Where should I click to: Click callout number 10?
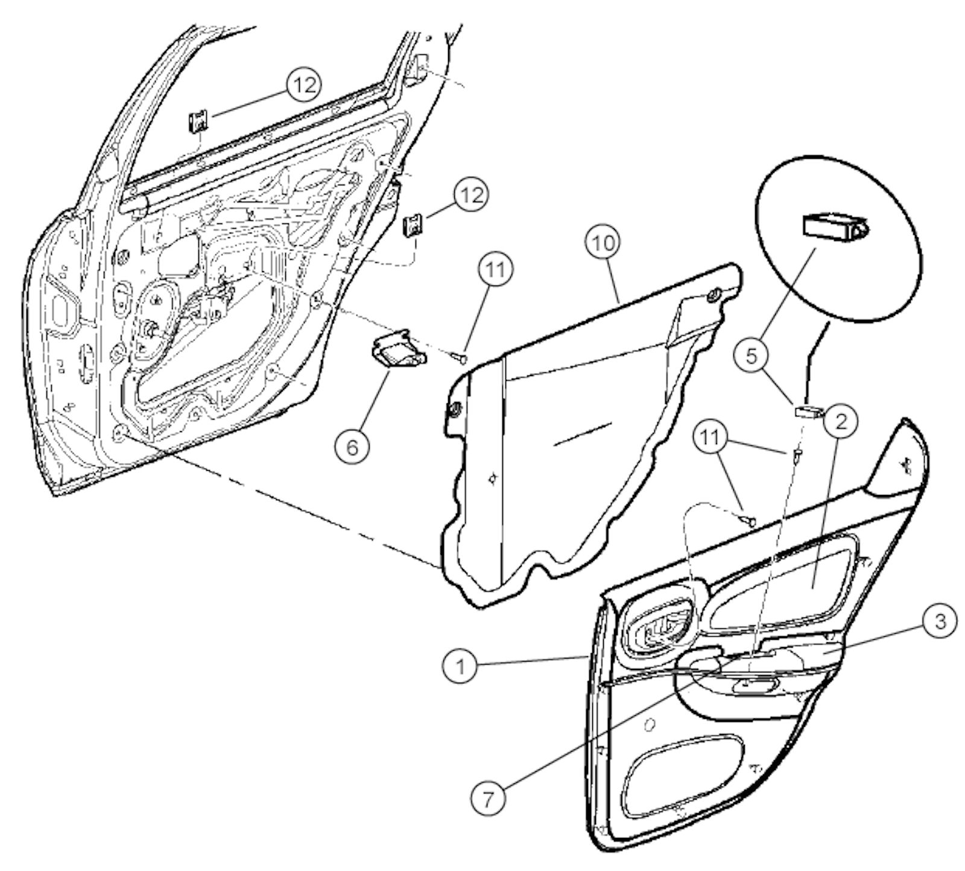pyautogui.click(x=604, y=243)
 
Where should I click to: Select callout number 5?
pyautogui.click(x=751, y=356)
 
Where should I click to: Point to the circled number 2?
pyautogui.click(x=841, y=420)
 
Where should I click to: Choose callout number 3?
pyautogui.click(x=939, y=622)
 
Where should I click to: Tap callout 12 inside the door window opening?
pyautogui.click(x=304, y=86)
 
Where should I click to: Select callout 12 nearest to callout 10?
pyautogui.click(x=471, y=195)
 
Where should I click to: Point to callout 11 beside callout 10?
pyautogui.click(x=496, y=270)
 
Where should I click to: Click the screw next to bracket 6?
pyautogui.click(x=460, y=359)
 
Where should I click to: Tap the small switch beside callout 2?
pyautogui.click(x=809, y=412)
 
